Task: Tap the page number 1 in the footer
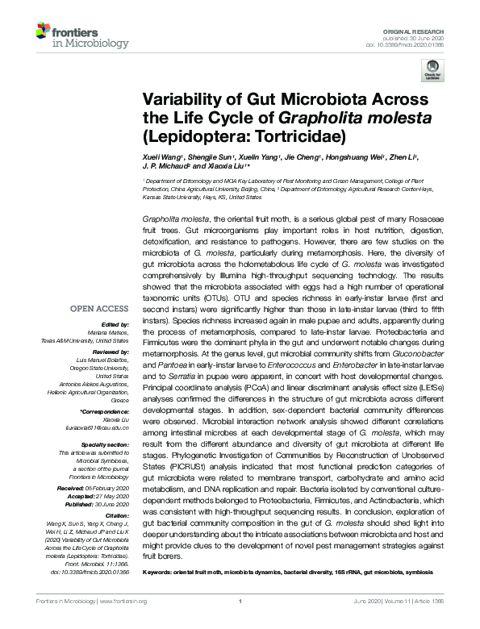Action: click(x=240, y=601)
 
